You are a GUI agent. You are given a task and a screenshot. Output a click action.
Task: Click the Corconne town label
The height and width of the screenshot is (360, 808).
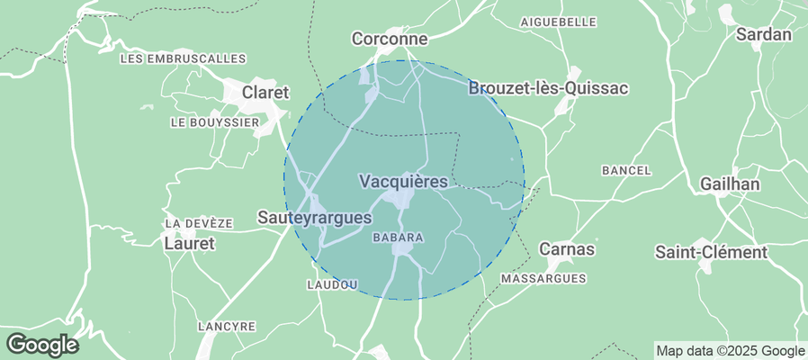[x=389, y=40]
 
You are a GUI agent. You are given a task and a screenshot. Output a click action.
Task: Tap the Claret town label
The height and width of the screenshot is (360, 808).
[x=267, y=93]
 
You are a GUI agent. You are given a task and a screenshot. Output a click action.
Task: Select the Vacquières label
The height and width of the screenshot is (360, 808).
[x=403, y=182]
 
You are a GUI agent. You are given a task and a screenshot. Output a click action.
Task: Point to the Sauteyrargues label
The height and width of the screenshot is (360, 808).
[x=314, y=218]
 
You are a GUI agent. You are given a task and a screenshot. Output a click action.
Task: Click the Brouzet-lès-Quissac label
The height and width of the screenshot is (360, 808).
[x=548, y=88]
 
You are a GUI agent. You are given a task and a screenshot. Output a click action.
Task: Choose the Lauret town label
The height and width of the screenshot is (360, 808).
[x=189, y=243]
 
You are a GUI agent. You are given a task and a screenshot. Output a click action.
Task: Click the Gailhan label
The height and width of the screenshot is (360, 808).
[x=731, y=184]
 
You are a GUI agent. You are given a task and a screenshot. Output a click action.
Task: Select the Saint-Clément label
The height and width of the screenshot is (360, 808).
[x=711, y=252]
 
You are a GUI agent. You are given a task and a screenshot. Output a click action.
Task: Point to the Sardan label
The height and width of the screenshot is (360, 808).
[x=764, y=35]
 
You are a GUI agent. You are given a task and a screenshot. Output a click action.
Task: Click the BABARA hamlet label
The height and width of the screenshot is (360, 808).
[x=398, y=238]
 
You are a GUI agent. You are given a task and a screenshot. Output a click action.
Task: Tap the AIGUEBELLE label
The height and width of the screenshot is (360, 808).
[x=559, y=21]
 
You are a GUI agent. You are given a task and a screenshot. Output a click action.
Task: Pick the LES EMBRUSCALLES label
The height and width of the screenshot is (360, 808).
[x=183, y=58]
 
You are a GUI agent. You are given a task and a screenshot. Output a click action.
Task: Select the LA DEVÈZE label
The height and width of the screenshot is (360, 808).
[x=199, y=223]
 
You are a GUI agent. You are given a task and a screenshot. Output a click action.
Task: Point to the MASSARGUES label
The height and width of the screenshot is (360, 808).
[x=543, y=279]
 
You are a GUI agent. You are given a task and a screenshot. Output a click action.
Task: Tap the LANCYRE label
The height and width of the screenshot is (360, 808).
[x=226, y=326]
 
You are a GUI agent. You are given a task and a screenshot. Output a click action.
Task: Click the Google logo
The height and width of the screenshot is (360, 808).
[x=41, y=344]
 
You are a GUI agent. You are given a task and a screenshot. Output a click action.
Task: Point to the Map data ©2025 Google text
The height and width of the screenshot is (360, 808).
[x=730, y=351]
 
